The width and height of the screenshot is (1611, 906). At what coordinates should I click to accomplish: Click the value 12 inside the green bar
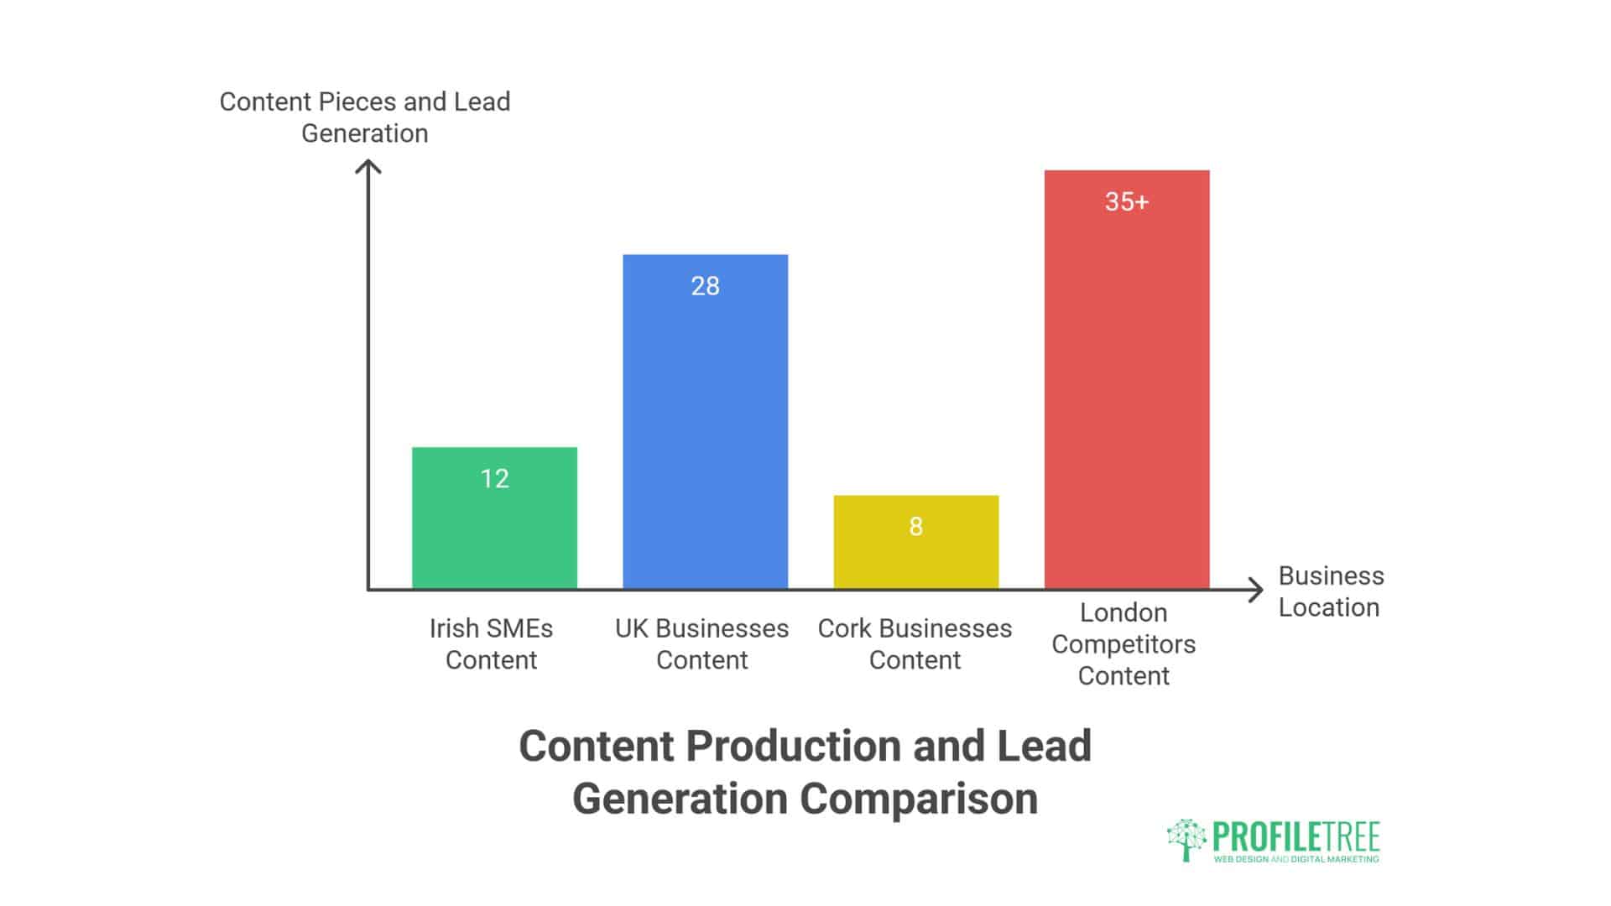pyautogui.click(x=494, y=479)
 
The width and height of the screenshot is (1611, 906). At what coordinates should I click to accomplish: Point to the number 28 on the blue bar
pyautogui.click(x=705, y=286)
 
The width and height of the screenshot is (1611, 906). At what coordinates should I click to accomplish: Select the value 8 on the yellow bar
pyautogui.click(x=915, y=527)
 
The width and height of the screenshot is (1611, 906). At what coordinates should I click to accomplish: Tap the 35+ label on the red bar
pyautogui.click(x=1126, y=202)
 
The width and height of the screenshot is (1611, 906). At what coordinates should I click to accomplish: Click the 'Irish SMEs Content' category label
pyautogui.click(x=491, y=644)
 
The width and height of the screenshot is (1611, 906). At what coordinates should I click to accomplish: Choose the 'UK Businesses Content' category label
pyautogui.click(x=701, y=644)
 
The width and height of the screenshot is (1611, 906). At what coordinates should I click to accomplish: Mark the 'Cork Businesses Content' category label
pyautogui.click(x=915, y=644)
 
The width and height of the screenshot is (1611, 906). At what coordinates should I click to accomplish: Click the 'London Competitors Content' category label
pyautogui.click(x=1124, y=644)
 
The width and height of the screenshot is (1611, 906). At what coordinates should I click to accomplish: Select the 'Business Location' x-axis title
pyautogui.click(x=1330, y=591)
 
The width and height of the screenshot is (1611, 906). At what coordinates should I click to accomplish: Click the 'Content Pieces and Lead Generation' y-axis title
pyautogui.click(x=365, y=117)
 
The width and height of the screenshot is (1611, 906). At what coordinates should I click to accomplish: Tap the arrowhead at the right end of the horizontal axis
pyautogui.click(x=1258, y=590)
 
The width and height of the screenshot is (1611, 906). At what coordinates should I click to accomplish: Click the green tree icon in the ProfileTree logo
pyautogui.click(x=1186, y=839)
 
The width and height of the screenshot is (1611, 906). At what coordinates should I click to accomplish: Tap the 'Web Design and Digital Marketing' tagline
pyautogui.click(x=1296, y=859)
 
